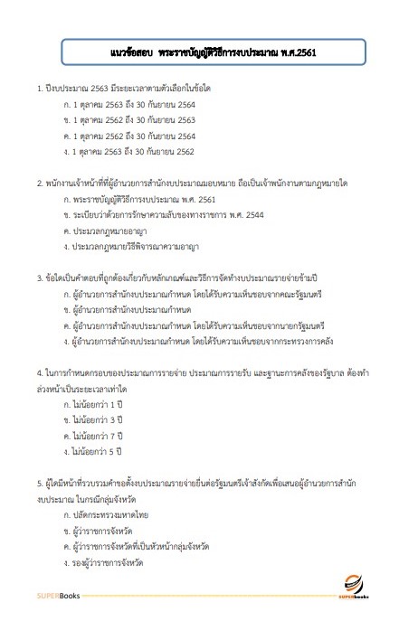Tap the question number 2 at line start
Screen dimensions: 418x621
pos(39,182)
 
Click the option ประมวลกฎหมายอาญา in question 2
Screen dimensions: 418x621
pos(109,230)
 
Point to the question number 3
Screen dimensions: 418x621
pos(39,278)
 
